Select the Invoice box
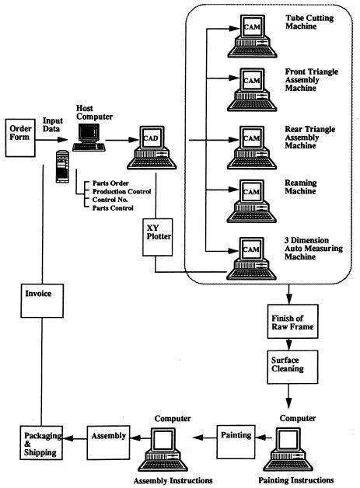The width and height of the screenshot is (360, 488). (x=39, y=295)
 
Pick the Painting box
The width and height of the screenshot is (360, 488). (x=236, y=435)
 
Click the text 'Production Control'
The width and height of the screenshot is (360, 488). (x=117, y=190)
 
